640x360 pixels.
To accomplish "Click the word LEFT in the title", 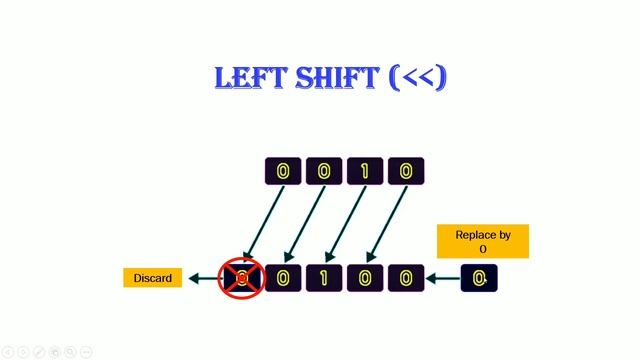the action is pyautogui.click(x=251, y=78).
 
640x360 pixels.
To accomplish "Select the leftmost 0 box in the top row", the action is pyautogui.click(x=283, y=172).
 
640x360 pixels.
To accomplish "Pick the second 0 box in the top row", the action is pyautogui.click(x=324, y=172).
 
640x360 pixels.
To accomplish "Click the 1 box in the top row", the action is pyautogui.click(x=365, y=172).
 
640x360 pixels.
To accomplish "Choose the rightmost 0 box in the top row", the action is pyautogui.click(x=406, y=172).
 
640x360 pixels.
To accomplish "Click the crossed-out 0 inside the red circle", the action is pyautogui.click(x=241, y=278).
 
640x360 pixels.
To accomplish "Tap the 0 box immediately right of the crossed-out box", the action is pyautogui.click(x=283, y=278).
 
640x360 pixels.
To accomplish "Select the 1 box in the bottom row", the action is pyautogui.click(x=324, y=278).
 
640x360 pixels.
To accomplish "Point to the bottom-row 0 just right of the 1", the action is pyautogui.click(x=365, y=278).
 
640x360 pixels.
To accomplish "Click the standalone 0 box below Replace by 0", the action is pyautogui.click(x=480, y=278).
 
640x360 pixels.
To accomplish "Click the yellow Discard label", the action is pyautogui.click(x=152, y=278).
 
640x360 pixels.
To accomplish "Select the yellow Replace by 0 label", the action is pyautogui.click(x=483, y=242).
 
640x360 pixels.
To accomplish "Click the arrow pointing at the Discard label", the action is pyautogui.click(x=202, y=278).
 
